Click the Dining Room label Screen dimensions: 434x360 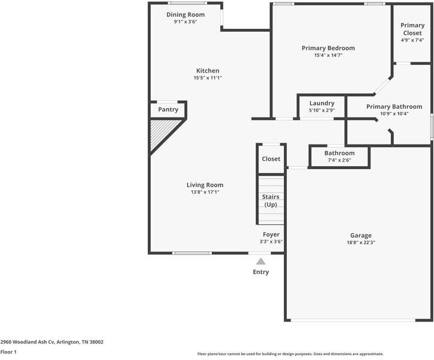[x=185, y=14]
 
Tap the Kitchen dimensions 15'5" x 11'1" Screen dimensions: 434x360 [x=208, y=78]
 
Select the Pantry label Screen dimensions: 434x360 [x=168, y=110]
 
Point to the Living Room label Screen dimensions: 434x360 [x=205, y=185]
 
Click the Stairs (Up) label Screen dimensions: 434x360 [x=271, y=200]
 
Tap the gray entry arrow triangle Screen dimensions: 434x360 [x=261, y=261]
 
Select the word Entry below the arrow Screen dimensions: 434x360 [x=261, y=272]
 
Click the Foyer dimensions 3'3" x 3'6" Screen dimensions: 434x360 [x=271, y=242]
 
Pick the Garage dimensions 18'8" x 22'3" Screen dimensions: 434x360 [x=361, y=242]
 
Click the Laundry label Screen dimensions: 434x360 [x=322, y=103]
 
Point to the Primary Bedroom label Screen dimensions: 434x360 [x=328, y=48]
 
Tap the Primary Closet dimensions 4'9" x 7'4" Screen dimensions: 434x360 [x=412, y=40]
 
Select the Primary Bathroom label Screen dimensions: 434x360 [x=394, y=107]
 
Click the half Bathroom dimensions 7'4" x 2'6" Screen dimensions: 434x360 [x=339, y=160]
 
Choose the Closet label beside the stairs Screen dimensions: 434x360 [x=271, y=159]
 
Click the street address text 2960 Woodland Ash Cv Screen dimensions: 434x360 [x=28, y=342]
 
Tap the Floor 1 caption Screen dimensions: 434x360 [x=8, y=352]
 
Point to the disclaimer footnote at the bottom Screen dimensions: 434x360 [x=291, y=354]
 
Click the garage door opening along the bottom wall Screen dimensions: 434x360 [x=353, y=320]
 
